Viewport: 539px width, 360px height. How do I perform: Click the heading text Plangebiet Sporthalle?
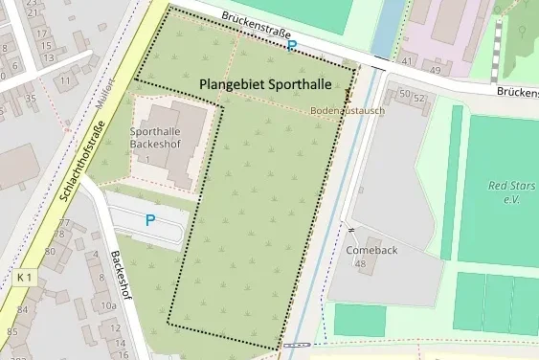(x=266, y=84)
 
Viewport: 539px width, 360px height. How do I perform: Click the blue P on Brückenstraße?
(x=293, y=44)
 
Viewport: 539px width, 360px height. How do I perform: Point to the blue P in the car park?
(x=149, y=219)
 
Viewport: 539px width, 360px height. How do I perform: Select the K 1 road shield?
(x=25, y=278)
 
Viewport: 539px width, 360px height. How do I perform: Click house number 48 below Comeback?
(x=360, y=263)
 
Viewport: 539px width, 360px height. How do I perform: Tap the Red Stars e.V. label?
(x=509, y=191)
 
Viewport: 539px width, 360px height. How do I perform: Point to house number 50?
(x=403, y=95)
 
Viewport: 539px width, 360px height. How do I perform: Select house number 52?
(x=418, y=97)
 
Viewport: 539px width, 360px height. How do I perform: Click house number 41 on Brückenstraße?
(x=408, y=61)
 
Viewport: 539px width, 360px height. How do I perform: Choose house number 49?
(x=435, y=69)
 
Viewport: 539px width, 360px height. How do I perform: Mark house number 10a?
(x=108, y=306)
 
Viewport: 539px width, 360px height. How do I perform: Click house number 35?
(x=31, y=98)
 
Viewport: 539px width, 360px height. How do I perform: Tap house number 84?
(x=22, y=309)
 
